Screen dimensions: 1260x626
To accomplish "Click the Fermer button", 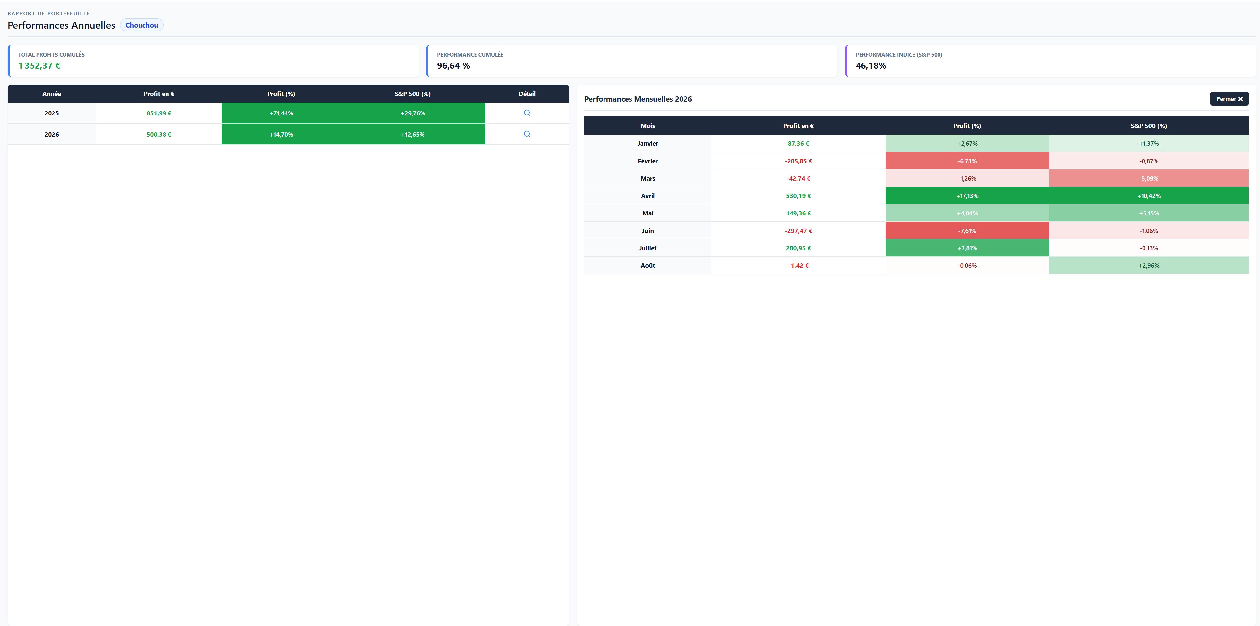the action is coord(1229,99).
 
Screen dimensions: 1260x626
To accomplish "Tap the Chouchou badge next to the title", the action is coord(141,25).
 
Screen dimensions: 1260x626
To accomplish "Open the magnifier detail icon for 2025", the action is coord(527,113).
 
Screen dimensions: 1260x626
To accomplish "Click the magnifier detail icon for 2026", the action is coord(527,134).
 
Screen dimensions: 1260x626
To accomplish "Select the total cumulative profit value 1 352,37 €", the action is coord(39,65).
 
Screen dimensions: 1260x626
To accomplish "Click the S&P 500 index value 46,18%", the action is coord(871,65).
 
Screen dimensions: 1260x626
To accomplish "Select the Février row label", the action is coord(648,161).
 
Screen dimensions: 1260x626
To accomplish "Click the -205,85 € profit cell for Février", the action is coord(798,161).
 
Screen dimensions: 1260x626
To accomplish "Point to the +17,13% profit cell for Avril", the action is coord(967,196).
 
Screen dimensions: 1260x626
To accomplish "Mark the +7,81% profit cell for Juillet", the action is coord(967,248).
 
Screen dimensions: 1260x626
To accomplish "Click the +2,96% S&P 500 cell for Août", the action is coord(1148,265).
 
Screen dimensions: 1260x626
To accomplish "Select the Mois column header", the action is coord(648,126).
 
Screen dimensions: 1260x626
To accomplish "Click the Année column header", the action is coord(51,94).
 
